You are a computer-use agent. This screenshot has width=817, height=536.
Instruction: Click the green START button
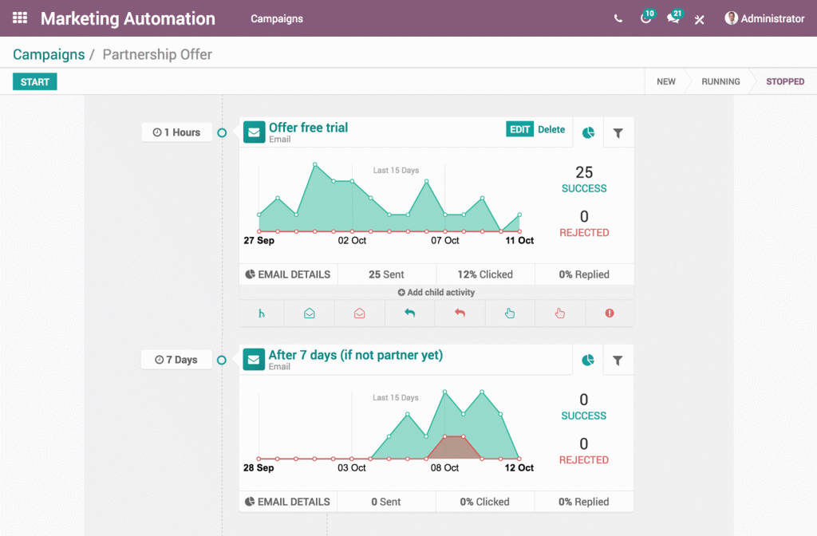[x=35, y=82]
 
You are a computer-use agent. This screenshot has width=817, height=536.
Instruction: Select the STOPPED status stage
[x=785, y=81]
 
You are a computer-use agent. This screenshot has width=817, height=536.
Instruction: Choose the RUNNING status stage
[x=720, y=81]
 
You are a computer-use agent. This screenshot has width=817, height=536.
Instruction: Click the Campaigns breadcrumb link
[x=49, y=54]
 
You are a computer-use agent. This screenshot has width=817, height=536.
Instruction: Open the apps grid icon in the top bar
[x=20, y=18]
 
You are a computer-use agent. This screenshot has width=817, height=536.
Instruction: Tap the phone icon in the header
[x=618, y=18]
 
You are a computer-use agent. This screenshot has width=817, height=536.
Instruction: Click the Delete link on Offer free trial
[x=551, y=129]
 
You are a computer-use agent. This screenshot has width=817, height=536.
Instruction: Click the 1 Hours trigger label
[x=177, y=132]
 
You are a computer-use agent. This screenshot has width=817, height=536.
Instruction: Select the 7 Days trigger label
[x=177, y=360]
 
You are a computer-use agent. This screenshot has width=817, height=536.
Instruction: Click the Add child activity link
[x=436, y=293]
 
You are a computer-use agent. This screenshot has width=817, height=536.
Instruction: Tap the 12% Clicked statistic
[x=485, y=274]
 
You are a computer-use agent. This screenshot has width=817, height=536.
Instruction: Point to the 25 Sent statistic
[x=386, y=274]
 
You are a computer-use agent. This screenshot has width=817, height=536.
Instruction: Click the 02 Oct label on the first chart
[x=352, y=240]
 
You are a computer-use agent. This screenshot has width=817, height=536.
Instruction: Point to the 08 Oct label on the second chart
[x=444, y=467]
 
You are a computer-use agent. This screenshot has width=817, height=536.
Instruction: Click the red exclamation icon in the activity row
[x=610, y=313]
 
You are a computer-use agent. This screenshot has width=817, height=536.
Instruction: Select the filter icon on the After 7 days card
[x=618, y=361]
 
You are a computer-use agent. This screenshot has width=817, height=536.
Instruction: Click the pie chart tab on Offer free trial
[x=588, y=133]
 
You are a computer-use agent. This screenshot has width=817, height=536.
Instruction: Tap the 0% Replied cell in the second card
[x=584, y=502]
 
